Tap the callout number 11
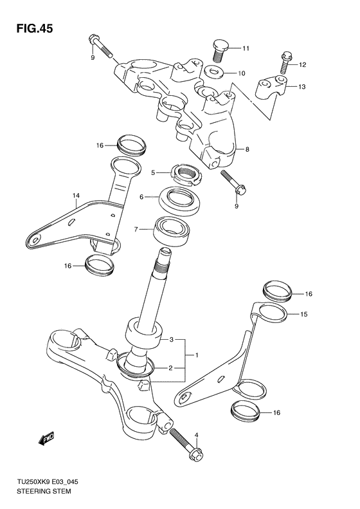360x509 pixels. [245, 49]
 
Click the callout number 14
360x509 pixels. [75, 195]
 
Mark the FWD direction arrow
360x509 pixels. [46, 440]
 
